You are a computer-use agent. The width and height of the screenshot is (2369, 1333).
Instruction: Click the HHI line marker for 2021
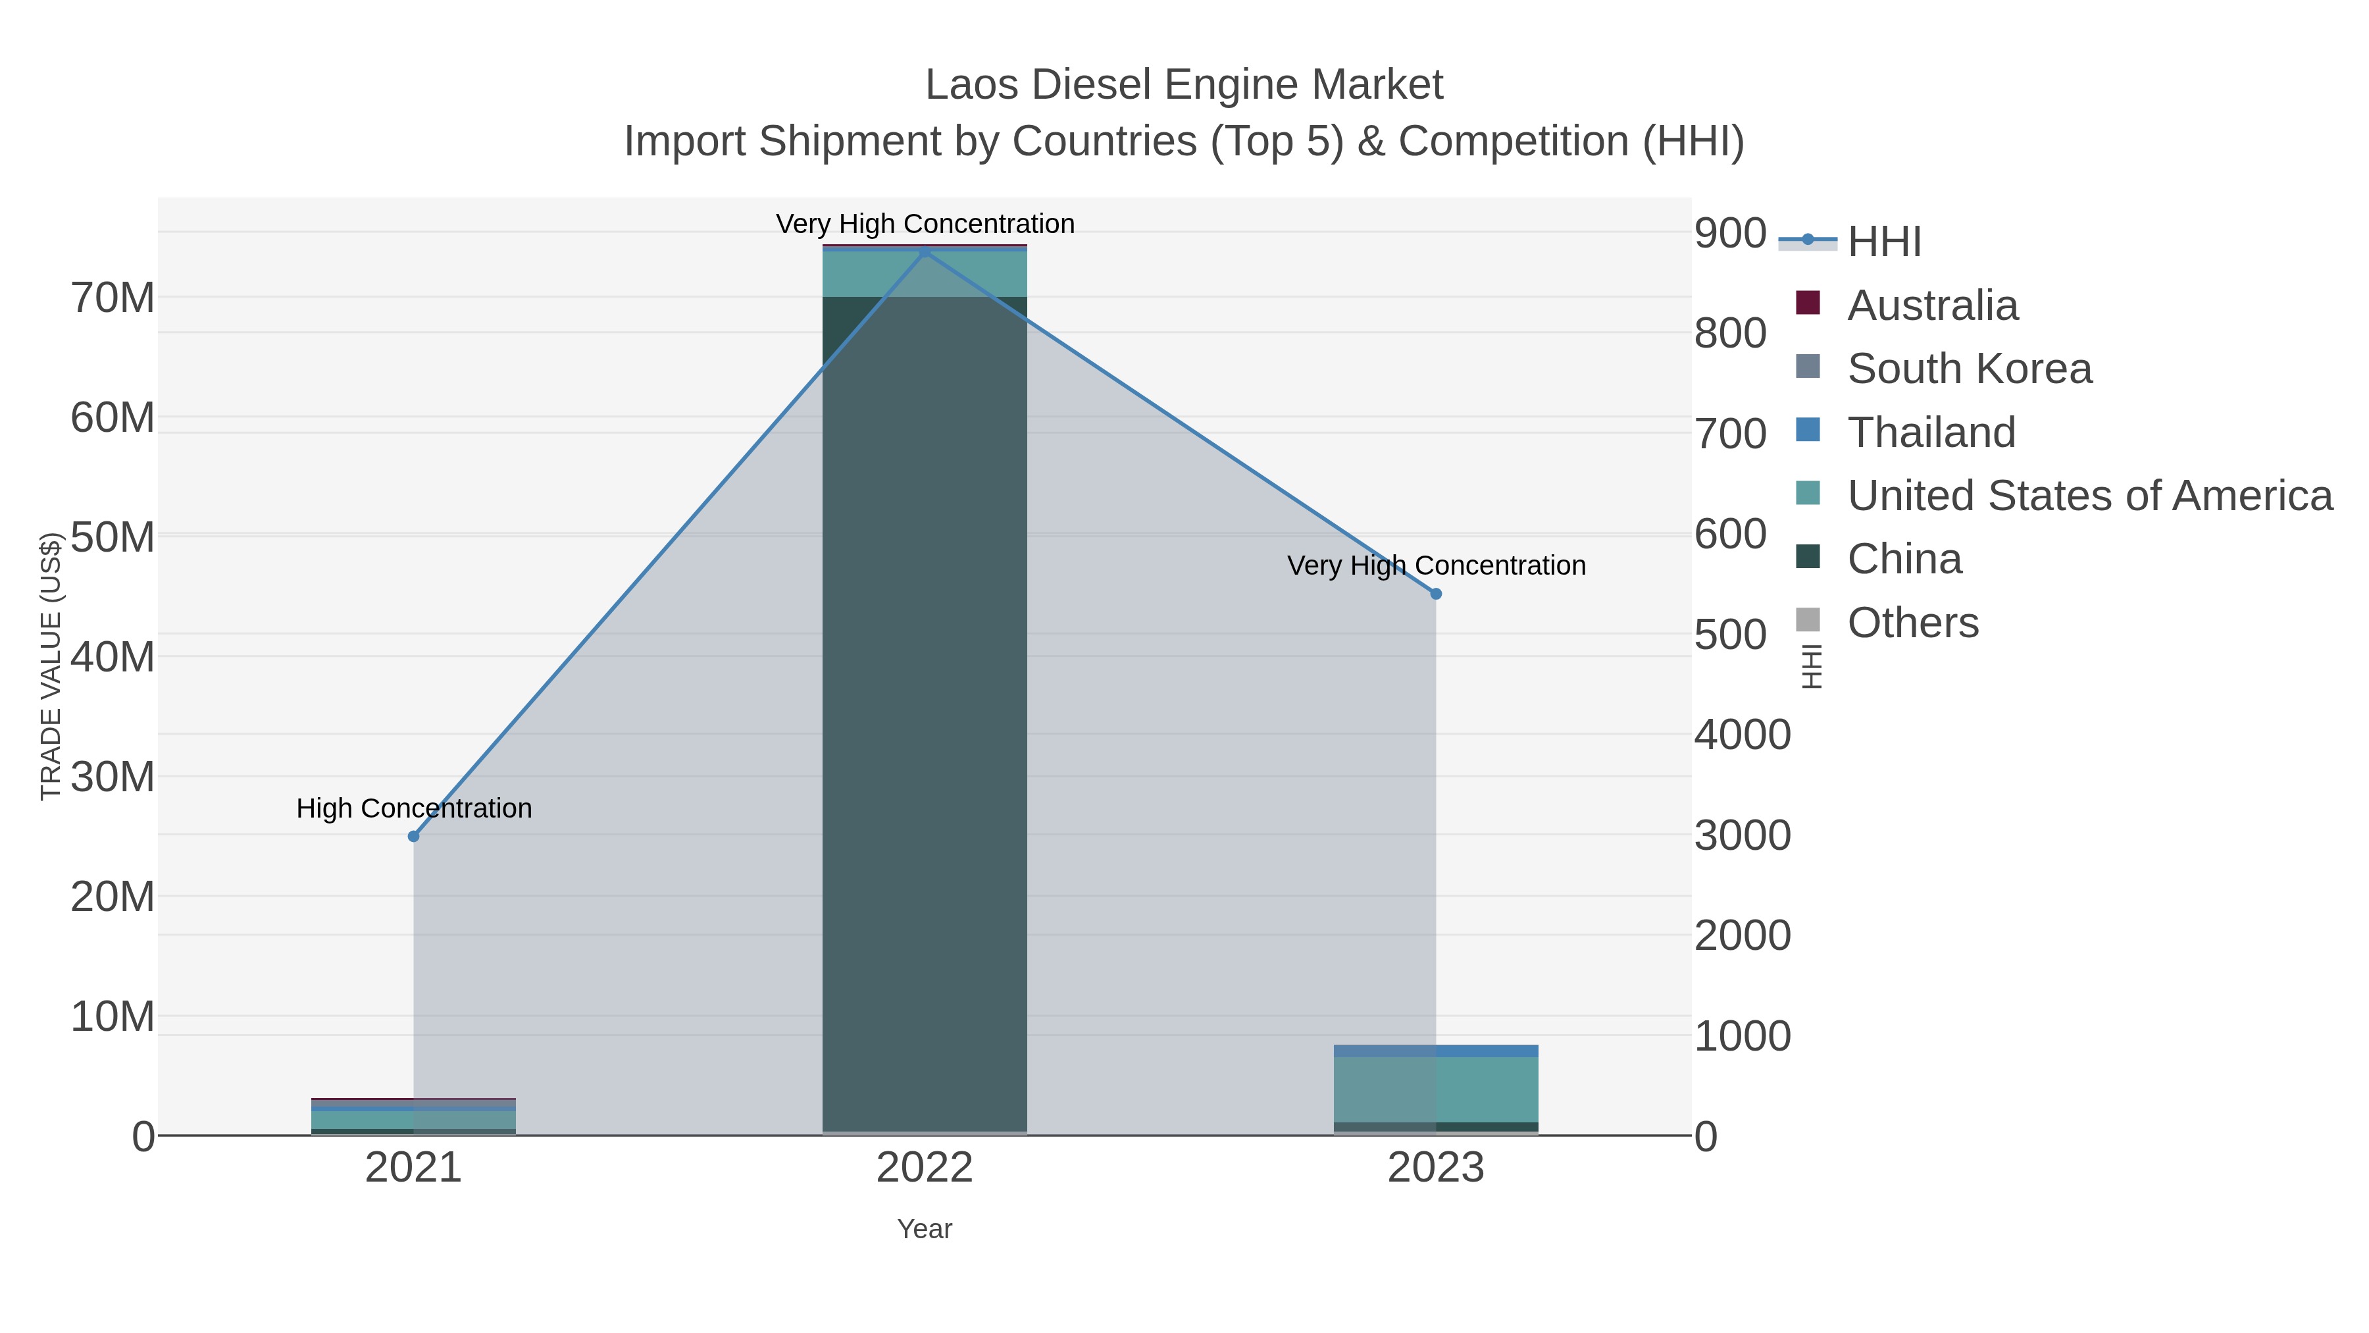tap(414, 836)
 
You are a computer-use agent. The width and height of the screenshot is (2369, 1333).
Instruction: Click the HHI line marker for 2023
tap(1437, 594)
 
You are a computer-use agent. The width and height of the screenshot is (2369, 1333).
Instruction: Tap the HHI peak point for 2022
tap(925, 252)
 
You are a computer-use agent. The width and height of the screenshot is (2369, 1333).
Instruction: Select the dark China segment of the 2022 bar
tap(925, 708)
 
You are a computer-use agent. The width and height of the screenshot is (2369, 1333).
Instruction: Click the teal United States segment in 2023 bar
tap(1437, 1089)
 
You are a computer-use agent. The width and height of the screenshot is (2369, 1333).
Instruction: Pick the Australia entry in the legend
tap(1932, 305)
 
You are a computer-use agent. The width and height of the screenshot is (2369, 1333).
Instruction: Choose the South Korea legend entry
tap(1969, 369)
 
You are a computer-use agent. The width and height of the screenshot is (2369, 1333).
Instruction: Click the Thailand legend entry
tap(1931, 432)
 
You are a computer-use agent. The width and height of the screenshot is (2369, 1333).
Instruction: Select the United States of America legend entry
tap(2089, 496)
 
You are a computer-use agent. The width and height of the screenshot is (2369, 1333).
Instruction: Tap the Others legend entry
tap(1913, 623)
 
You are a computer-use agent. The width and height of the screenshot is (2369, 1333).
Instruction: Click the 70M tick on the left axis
tap(112, 298)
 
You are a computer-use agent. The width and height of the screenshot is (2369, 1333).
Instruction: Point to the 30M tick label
tap(112, 777)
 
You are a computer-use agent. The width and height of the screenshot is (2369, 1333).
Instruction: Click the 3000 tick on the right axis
tap(1743, 836)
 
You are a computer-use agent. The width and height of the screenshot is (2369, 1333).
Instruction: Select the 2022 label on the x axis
tap(925, 1169)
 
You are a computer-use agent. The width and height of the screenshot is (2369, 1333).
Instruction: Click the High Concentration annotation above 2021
tap(414, 808)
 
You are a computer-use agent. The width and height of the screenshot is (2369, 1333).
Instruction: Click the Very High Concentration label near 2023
tap(1437, 565)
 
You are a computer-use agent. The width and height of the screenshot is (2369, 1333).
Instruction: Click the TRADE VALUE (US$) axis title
tap(51, 666)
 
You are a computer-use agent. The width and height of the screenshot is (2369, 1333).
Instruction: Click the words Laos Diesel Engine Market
tap(1184, 85)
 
